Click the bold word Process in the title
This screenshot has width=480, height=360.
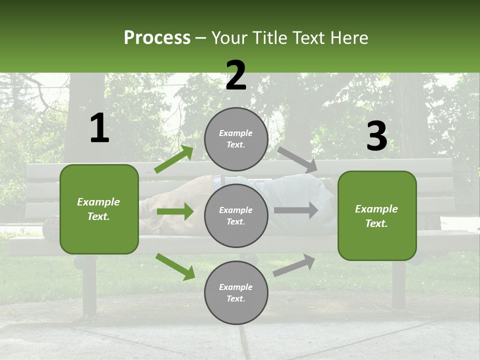157,37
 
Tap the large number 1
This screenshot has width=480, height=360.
99,128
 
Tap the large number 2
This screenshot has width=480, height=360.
236,75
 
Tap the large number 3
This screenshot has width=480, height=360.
376,136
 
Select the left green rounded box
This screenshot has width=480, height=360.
99,209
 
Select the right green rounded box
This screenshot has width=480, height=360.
377,215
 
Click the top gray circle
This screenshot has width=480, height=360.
236,139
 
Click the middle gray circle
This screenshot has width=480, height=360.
236,215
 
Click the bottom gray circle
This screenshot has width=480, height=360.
236,292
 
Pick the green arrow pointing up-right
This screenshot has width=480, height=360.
174,159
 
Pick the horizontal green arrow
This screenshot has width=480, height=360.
175,212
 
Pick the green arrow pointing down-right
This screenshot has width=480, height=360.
175,266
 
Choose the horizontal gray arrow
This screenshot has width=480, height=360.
296,210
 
